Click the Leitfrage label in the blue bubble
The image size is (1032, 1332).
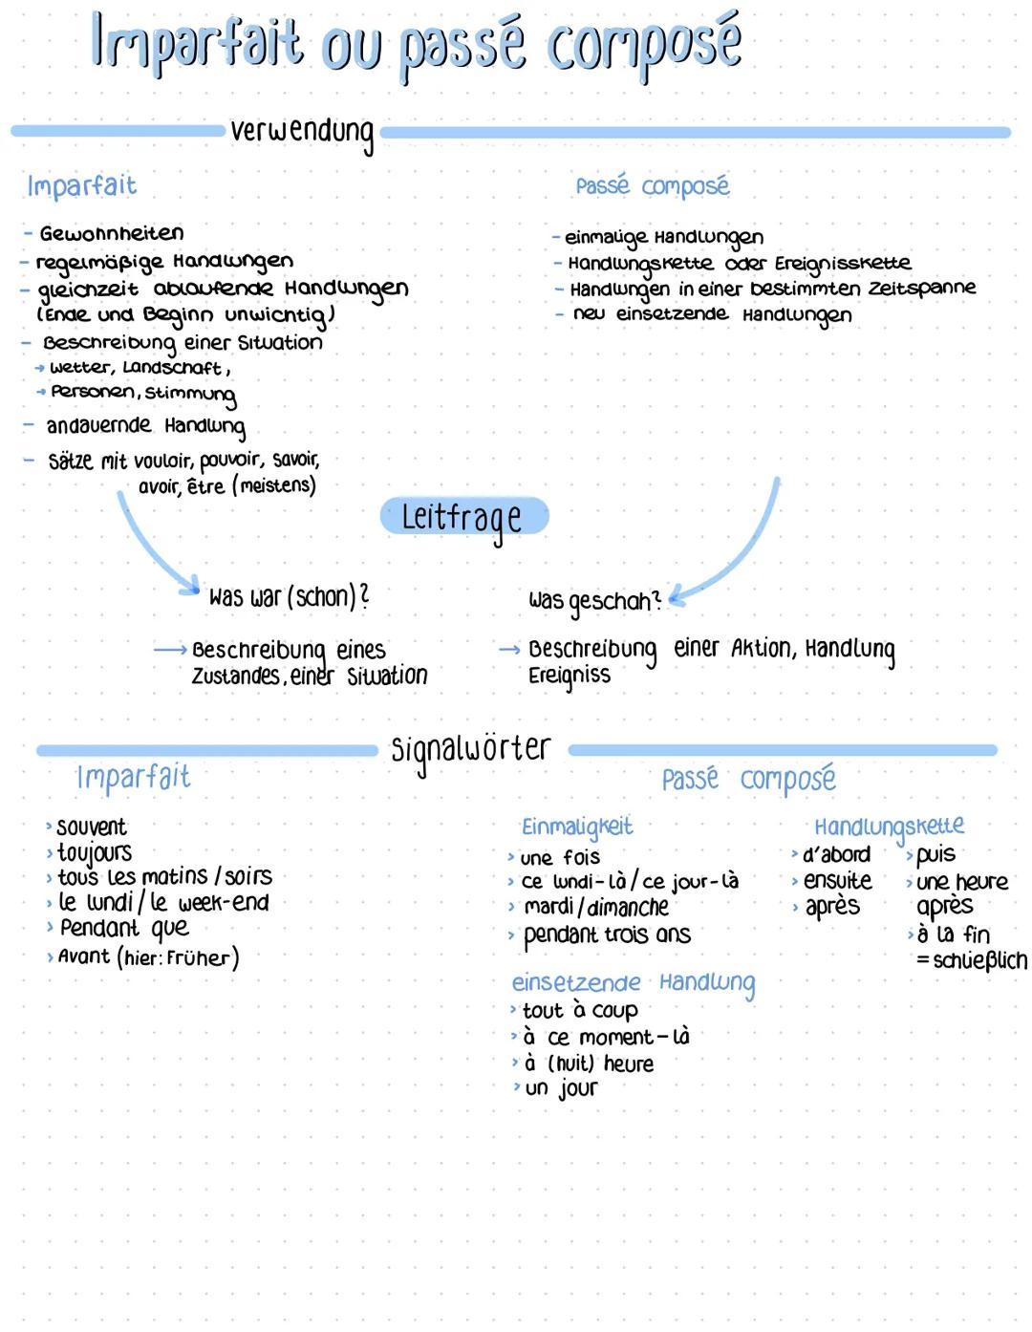click(x=463, y=517)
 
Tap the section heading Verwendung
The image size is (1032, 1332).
click(x=302, y=132)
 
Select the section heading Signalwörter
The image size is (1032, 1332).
click(x=471, y=750)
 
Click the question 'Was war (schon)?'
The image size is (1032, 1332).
click(x=289, y=597)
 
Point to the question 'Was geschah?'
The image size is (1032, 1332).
click(x=593, y=601)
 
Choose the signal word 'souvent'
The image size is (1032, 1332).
click(x=91, y=827)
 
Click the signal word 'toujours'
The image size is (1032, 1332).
click(x=94, y=851)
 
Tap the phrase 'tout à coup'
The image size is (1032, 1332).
click(x=579, y=1010)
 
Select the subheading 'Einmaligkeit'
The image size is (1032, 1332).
click(x=576, y=827)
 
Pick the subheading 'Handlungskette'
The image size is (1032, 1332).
click(x=889, y=827)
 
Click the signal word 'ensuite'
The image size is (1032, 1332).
click(x=837, y=880)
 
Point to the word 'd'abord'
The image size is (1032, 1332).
click(x=836, y=854)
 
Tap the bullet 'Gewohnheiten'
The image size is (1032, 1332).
click(x=111, y=233)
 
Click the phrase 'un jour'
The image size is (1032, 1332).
click(x=561, y=1088)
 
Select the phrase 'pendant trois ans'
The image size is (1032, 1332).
click(x=607, y=935)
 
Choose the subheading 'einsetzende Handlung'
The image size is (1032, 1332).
click(x=633, y=983)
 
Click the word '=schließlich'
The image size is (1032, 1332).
click(x=972, y=960)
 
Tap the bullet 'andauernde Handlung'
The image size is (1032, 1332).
click(x=145, y=425)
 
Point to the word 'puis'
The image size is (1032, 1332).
click(x=935, y=854)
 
